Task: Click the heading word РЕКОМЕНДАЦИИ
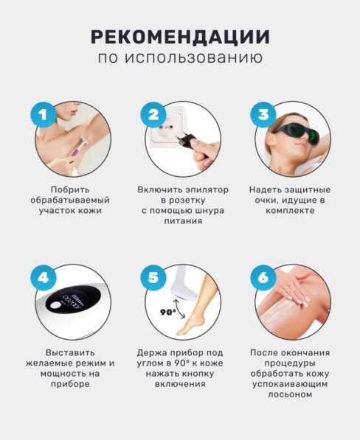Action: tap(180, 37)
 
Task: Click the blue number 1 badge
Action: tap(44, 114)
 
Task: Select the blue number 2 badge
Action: tap(154, 114)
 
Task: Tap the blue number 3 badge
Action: tap(263, 114)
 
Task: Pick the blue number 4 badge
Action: tap(44, 278)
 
